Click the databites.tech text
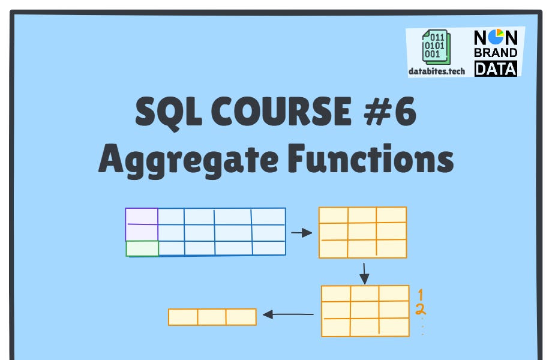pyautogui.click(x=437, y=71)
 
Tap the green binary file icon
pyautogui.click(x=435, y=46)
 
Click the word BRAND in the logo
pyautogui.click(x=496, y=53)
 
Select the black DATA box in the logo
pyautogui.click(x=496, y=68)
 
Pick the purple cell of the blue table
pyautogui.click(x=142, y=224)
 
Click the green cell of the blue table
pyautogui.click(x=142, y=248)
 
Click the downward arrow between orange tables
pyautogui.click(x=364, y=272)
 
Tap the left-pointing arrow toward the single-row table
pyautogui.click(x=289, y=314)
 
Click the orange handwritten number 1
pyautogui.click(x=421, y=295)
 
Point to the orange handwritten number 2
pyautogui.click(x=421, y=310)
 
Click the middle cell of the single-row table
pyautogui.click(x=212, y=317)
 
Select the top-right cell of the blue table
pyautogui.click(x=268, y=216)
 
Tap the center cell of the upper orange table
pyautogui.click(x=362, y=232)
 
